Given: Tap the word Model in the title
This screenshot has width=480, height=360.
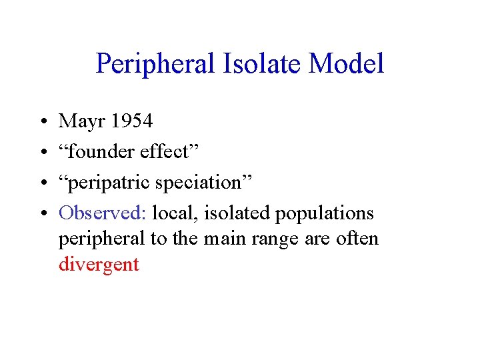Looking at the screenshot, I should (x=347, y=65).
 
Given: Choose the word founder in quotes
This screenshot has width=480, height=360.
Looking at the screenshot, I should (x=101, y=151).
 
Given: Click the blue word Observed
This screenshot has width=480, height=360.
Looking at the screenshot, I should (x=101, y=213).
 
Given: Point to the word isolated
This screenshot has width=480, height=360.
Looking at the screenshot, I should (x=234, y=213).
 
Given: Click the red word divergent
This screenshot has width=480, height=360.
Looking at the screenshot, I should (x=99, y=265).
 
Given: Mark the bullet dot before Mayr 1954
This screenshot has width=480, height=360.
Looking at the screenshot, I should (x=42, y=122).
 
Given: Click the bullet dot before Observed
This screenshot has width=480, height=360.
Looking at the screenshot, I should (x=42, y=214).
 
